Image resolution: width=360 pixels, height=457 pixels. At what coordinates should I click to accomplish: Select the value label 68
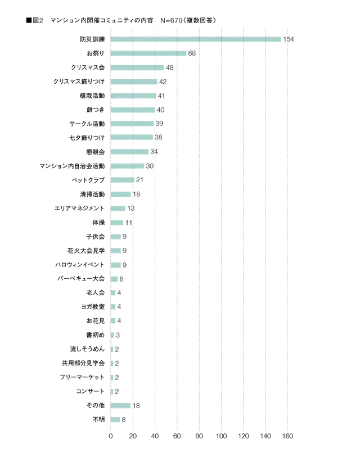coord(192,53)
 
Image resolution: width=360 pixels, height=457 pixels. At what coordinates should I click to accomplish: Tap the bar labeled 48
coord(137,67)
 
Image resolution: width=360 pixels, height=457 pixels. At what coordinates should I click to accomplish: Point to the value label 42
coord(163,82)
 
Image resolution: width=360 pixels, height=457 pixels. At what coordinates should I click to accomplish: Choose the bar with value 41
coord(133,96)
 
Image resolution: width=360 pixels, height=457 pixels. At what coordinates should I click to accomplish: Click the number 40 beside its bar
coord(160,110)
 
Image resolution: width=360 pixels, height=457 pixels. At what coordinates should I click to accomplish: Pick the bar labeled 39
coord(132,124)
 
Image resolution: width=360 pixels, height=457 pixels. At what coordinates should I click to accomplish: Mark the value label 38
coord(158,138)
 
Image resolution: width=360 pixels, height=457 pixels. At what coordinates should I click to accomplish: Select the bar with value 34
coord(129,152)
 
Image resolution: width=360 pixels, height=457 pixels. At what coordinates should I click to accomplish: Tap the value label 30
coord(149,166)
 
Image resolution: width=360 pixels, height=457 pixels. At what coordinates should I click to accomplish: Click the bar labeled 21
coord(121,180)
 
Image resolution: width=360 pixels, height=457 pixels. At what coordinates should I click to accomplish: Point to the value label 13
coord(130,209)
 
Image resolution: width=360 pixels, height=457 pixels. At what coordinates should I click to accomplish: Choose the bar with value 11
coord(116,223)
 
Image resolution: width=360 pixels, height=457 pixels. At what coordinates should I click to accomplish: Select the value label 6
coord(121,279)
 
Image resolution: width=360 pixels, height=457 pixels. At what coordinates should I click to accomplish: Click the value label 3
coord(117,336)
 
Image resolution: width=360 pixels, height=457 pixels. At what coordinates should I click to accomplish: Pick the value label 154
coord(289,39)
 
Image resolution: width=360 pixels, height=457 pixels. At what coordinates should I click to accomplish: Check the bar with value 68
coord(148,53)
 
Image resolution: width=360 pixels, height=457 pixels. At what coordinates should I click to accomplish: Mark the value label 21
coord(139,180)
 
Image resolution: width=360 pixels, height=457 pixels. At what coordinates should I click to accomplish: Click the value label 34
coord(154,152)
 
